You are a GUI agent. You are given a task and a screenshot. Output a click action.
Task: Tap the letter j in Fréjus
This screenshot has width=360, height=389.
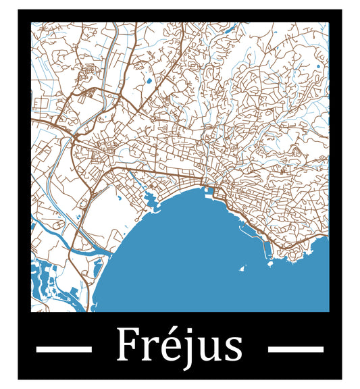coord(180,348)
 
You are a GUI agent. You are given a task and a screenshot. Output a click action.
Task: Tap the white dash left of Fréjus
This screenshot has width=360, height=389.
coord(63,349)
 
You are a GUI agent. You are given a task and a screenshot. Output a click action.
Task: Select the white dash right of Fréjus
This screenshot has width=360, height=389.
coord(296,349)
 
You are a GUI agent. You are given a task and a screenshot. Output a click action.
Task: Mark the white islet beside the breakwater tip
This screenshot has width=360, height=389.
coord(270,264)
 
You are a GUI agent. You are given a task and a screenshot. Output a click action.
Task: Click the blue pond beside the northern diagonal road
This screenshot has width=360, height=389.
coord(149,82)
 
